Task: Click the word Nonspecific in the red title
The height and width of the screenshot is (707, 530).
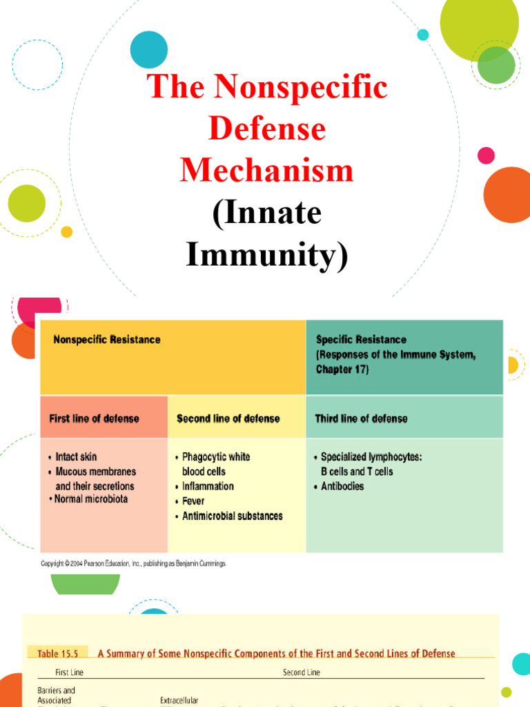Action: (x=301, y=87)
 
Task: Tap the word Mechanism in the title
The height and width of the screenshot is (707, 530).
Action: (x=266, y=170)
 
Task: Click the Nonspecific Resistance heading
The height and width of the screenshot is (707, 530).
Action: (x=107, y=340)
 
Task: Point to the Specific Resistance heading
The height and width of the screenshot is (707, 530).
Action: (x=361, y=340)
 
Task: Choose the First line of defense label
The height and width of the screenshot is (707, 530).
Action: (x=94, y=418)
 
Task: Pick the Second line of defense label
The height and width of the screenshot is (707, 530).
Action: (x=228, y=418)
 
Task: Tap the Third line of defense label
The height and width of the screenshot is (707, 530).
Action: (x=361, y=418)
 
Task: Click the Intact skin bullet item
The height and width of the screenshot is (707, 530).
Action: (x=76, y=457)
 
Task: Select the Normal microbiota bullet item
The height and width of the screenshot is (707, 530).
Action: (x=90, y=499)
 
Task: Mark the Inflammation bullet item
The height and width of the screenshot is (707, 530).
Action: (x=208, y=486)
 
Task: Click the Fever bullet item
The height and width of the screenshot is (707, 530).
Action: (x=193, y=501)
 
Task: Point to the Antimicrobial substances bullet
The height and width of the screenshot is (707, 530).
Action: (x=232, y=516)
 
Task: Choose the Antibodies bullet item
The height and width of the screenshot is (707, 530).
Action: (x=342, y=486)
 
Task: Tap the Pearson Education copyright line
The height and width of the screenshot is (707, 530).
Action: (x=133, y=563)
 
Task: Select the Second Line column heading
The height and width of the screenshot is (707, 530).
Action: (x=302, y=672)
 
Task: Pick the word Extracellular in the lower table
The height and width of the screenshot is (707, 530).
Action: (x=179, y=700)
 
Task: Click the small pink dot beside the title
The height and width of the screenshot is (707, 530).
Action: (x=486, y=155)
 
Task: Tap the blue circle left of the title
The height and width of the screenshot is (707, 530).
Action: (x=149, y=49)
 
